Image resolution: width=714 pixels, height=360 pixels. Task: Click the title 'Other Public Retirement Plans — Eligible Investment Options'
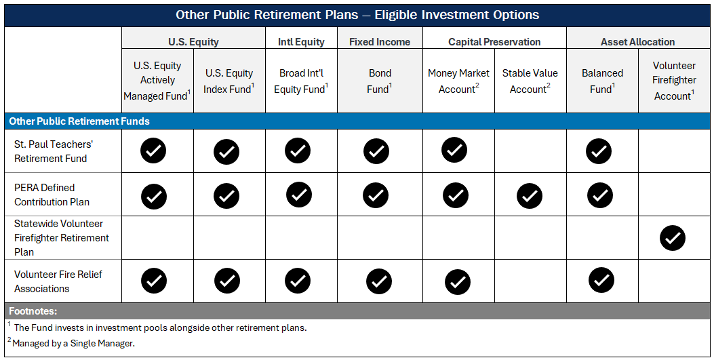click(x=357, y=14)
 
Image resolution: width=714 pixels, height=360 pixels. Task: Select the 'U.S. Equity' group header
click(x=193, y=42)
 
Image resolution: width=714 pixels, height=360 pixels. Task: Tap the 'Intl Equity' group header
click(x=301, y=42)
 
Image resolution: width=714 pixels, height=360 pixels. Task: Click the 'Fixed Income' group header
click(x=380, y=42)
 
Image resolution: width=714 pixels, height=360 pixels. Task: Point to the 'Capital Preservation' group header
click(x=494, y=42)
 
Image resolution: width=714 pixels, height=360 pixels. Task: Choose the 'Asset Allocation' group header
click(x=637, y=42)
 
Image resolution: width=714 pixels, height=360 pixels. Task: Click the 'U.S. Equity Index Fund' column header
click(x=229, y=81)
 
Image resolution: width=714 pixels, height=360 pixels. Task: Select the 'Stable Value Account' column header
click(x=530, y=81)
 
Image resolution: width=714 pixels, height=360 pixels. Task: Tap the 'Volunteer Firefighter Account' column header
click(x=674, y=81)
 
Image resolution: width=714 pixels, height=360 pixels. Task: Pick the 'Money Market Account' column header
click(x=458, y=81)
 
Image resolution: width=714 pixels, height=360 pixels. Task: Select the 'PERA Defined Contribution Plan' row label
click(x=52, y=195)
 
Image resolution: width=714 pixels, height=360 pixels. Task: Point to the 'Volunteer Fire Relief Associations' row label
click(x=49, y=281)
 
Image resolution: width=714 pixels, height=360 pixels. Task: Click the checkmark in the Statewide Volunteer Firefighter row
click(x=673, y=238)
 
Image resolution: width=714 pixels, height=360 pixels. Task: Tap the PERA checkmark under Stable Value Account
click(x=530, y=196)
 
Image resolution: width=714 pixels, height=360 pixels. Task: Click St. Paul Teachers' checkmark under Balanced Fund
click(x=599, y=152)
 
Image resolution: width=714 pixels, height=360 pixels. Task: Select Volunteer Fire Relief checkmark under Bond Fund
click(x=379, y=281)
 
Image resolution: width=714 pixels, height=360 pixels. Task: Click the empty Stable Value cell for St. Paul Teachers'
click(x=530, y=151)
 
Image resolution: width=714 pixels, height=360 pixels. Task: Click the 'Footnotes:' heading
click(x=33, y=311)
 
